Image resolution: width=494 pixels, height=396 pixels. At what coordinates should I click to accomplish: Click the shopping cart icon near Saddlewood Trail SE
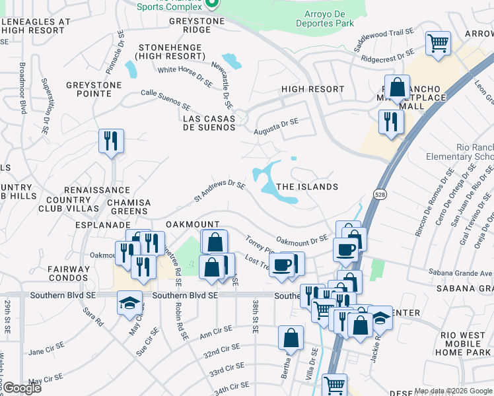(x=438, y=44)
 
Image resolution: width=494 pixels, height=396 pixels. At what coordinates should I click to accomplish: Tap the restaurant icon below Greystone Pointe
(x=110, y=141)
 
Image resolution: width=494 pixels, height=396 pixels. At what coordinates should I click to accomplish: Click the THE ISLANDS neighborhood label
(x=306, y=187)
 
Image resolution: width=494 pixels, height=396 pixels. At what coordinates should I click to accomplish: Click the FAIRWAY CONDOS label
(x=68, y=273)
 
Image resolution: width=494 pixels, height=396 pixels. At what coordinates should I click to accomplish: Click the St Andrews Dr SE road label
(x=219, y=190)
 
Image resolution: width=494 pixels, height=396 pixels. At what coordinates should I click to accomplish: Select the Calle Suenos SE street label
(x=166, y=99)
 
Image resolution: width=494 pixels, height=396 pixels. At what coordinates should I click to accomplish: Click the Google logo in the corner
(x=22, y=388)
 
